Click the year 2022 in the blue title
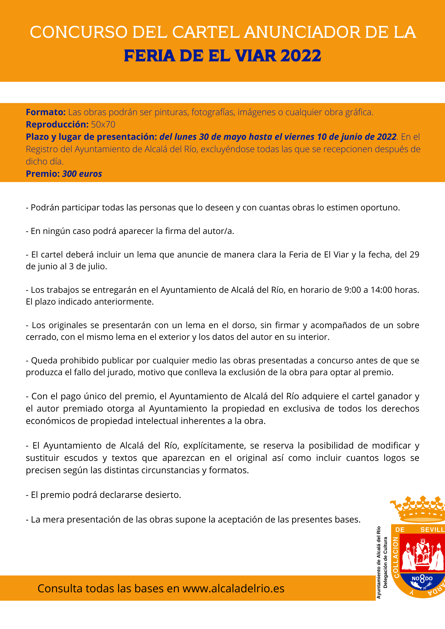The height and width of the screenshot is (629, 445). point(301,56)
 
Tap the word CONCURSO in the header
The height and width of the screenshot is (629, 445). point(79,32)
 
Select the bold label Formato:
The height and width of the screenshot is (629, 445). point(46,112)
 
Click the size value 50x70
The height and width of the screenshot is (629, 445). point(103,125)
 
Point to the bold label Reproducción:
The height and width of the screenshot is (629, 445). point(57,125)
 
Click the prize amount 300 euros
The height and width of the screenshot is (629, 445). point(82,174)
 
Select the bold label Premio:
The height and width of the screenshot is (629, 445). point(43,174)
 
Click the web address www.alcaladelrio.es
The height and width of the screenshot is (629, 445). point(233,589)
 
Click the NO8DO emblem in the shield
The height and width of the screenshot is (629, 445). point(422,578)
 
